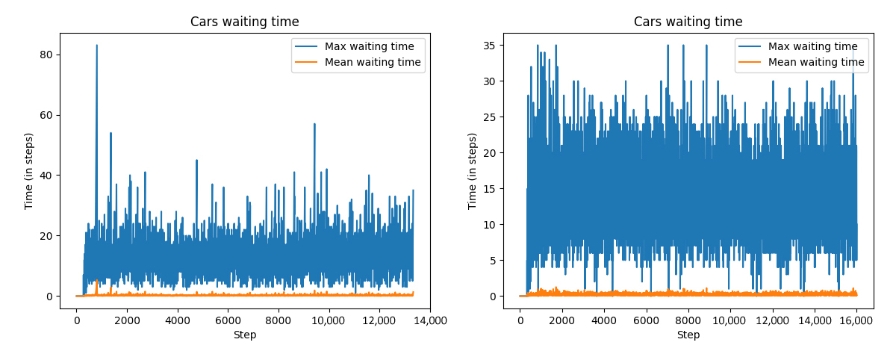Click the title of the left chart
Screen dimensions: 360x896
[244, 22]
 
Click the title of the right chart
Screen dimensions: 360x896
[688, 22]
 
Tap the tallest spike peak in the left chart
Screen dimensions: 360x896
[96, 46]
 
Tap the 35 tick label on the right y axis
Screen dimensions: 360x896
[490, 45]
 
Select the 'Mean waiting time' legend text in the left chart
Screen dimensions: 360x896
[373, 63]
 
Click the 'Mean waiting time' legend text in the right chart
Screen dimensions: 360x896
[816, 63]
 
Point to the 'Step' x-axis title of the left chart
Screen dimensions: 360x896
[244, 335]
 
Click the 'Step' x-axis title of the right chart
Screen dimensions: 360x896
[688, 335]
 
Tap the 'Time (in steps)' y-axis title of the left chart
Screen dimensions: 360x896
[29, 171]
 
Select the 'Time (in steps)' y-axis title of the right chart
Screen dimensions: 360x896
[473, 171]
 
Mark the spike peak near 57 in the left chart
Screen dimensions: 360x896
[314, 124]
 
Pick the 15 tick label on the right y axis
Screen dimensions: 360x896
[490, 188]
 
